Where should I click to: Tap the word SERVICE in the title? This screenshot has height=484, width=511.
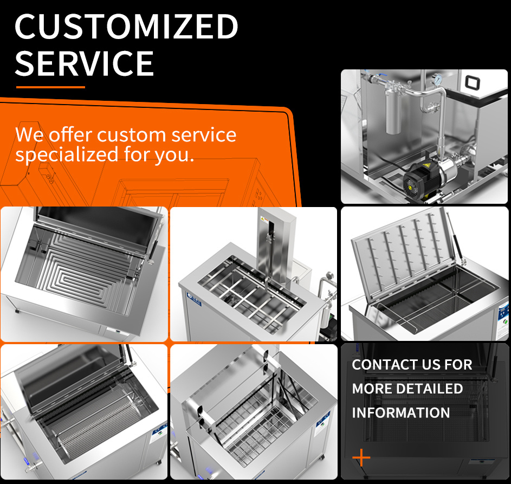(x=85, y=63)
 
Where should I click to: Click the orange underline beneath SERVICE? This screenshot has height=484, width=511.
(x=50, y=87)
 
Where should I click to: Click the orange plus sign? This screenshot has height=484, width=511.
(x=361, y=458)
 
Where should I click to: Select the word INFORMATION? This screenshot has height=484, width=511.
(x=401, y=412)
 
